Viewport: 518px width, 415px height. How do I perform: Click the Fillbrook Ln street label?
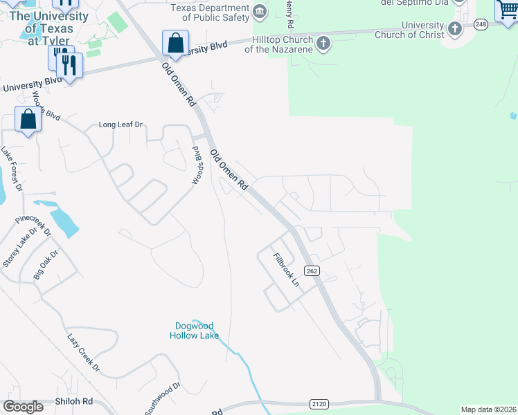click(286, 270)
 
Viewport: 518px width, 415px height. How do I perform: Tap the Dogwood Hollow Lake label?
click(195, 331)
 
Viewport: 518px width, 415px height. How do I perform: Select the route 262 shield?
click(312, 271)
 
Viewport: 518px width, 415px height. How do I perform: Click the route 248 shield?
click(481, 24)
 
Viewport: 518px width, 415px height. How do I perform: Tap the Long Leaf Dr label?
click(120, 125)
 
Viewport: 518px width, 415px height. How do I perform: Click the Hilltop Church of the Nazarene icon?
click(323, 44)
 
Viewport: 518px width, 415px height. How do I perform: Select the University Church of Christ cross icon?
click(454, 28)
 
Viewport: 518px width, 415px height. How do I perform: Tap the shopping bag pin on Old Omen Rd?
click(176, 43)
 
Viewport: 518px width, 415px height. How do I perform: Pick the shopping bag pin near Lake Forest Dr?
click(28, 119)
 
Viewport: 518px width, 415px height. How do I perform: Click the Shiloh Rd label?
click(74, 402)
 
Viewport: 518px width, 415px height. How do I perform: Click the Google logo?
click(23, 407)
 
